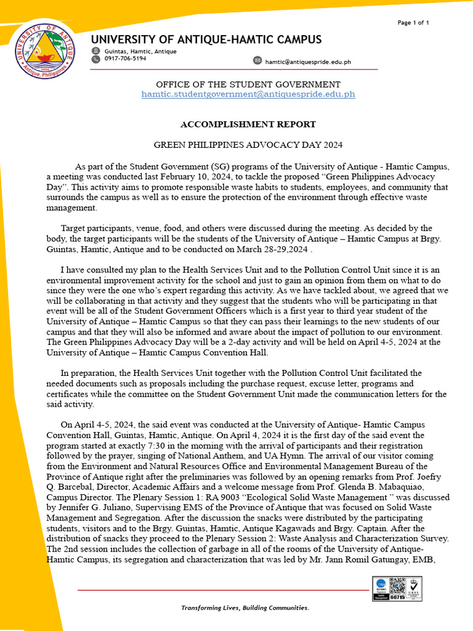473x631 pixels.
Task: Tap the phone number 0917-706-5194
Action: [125, 59]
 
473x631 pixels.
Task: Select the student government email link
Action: [248, 94]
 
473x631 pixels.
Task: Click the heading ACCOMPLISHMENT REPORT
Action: [248, 124]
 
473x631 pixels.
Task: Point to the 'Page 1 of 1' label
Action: [413, 23]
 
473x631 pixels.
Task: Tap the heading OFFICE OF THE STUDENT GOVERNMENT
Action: [248, 84]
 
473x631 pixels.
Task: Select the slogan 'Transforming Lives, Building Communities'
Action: [245, 608]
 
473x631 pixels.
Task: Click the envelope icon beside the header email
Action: [257, 60]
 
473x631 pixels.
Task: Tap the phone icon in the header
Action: [95, 59]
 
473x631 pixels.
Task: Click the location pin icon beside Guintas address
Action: [95, 51]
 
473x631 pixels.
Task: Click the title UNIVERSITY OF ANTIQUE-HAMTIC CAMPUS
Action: [206, 39]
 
